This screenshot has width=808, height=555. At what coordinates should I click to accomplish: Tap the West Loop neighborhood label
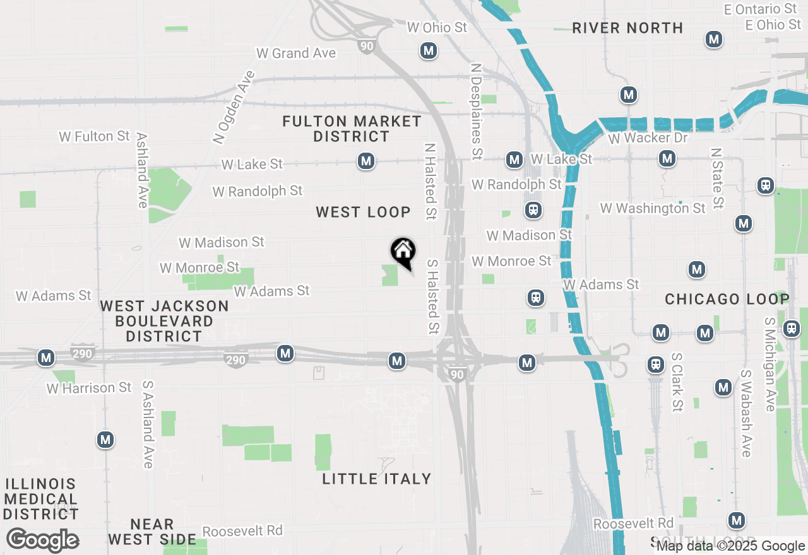pyautogui.click(x=363, y=213)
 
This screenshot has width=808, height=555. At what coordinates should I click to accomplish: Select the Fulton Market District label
pyautogui.click(x=352, y=129)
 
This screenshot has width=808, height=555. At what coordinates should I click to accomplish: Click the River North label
pyautogui.click(x=627, y=28)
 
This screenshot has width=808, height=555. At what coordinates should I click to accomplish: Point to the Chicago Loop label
pyautogui.click(x=727, y=299)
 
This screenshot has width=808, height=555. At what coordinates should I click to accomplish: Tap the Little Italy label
pyautogui.click(x=377, y=479)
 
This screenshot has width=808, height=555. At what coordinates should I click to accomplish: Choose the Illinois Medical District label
pyautogui.click(x=41, y=499)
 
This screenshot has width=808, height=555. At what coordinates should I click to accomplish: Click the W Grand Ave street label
pyautogui.click(x=296, y=54)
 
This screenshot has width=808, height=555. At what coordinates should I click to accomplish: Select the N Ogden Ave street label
pyautogui.click(x=234, y=107)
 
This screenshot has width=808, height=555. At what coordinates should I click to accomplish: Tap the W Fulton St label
pyautogui.click(x=95, y=136)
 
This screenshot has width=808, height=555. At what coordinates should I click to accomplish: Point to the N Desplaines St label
pyautogui.click(x=477, y=110)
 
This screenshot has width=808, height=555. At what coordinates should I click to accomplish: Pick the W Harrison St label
pyautogui.click(x=89, y=388)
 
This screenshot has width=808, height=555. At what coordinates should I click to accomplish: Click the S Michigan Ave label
pyautogui.click(x=769, y=364)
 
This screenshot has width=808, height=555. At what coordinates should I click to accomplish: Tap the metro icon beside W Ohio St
pyautogui.click(x=429, y=50)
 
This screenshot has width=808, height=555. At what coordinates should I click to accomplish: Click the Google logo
pyautogui.click(x=42, y=540)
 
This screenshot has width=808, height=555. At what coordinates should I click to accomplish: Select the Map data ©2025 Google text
pyautogui.click(x=730, y=546)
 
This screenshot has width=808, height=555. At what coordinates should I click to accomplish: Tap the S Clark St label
pyautogui.click(x=677, y=382)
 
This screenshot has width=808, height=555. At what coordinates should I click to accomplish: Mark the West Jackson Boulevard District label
pyautogui.click(x=164, y=321)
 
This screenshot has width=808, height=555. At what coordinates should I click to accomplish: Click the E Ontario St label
pyautogui.click(x=761, y=9)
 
